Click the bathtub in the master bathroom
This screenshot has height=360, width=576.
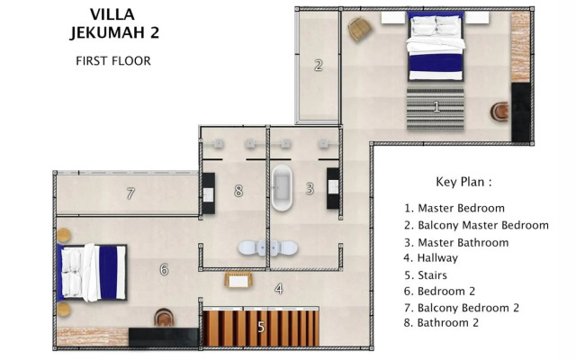coord(283,187)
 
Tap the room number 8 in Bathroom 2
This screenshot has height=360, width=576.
coord(238,191)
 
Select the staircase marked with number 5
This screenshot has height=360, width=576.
coord(261,327)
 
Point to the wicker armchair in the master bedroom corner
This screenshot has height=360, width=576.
coord(360,28)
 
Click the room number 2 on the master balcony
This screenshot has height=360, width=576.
coord(318,65)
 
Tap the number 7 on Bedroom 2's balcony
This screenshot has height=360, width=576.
coord(130,193)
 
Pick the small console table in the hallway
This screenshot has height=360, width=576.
coord(237,281)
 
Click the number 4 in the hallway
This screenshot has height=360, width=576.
coord(279,289)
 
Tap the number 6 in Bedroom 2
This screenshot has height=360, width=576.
coord(164,269)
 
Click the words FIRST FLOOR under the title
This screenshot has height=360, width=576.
coord(112,61)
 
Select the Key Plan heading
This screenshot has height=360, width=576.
coord(463,181)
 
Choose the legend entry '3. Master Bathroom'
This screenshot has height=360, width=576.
coord(456,242)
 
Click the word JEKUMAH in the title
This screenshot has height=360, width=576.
coord(113,33)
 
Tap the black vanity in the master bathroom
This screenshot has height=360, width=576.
coord(333,187)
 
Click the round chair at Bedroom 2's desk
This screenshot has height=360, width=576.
coord(164,318)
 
